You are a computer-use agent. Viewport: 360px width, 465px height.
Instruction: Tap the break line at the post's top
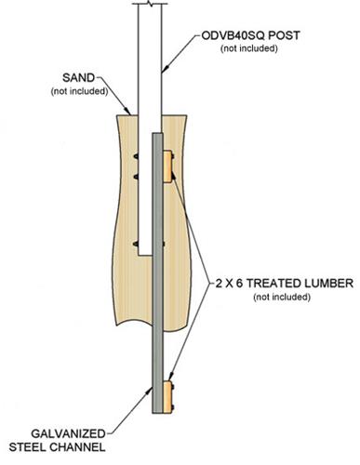[x=149, y=6]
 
